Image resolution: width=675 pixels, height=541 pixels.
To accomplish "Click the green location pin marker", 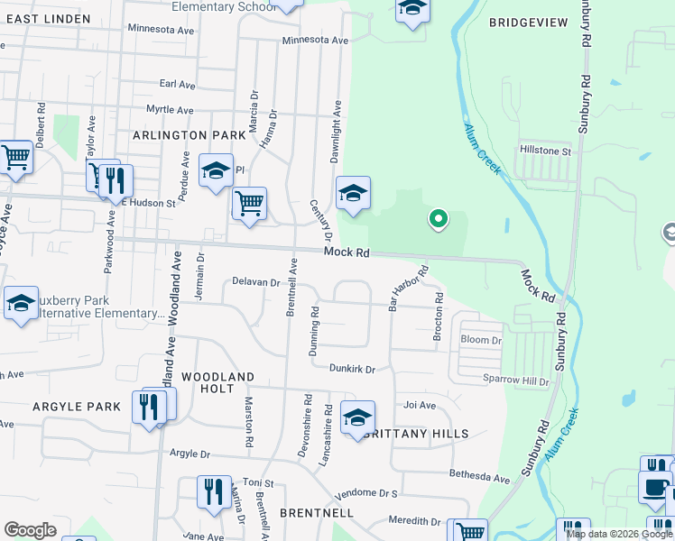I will click(438, 219).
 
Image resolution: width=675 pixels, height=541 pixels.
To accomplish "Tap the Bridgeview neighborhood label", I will click(529, 22).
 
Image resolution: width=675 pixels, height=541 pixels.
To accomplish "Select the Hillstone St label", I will click(545, 151).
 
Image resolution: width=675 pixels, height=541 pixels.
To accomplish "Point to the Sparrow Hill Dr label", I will click(515, 381).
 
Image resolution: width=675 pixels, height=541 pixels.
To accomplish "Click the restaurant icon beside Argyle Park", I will click(149, 407).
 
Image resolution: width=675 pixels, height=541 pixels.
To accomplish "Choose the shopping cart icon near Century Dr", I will click(249, 203).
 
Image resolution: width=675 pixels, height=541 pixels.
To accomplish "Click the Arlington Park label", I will click(189, 134).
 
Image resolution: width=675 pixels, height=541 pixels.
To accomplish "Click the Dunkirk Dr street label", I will click(351, 369).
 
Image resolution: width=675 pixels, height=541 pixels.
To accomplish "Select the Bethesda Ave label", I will click(481, 475).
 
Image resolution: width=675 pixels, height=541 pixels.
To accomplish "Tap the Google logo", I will click(30, 530).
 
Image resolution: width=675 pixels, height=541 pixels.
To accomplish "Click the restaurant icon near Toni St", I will click(214, 492).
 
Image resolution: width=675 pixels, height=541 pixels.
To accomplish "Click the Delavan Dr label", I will click(255, 282).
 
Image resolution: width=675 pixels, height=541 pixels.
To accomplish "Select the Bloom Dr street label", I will click(480, 341).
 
